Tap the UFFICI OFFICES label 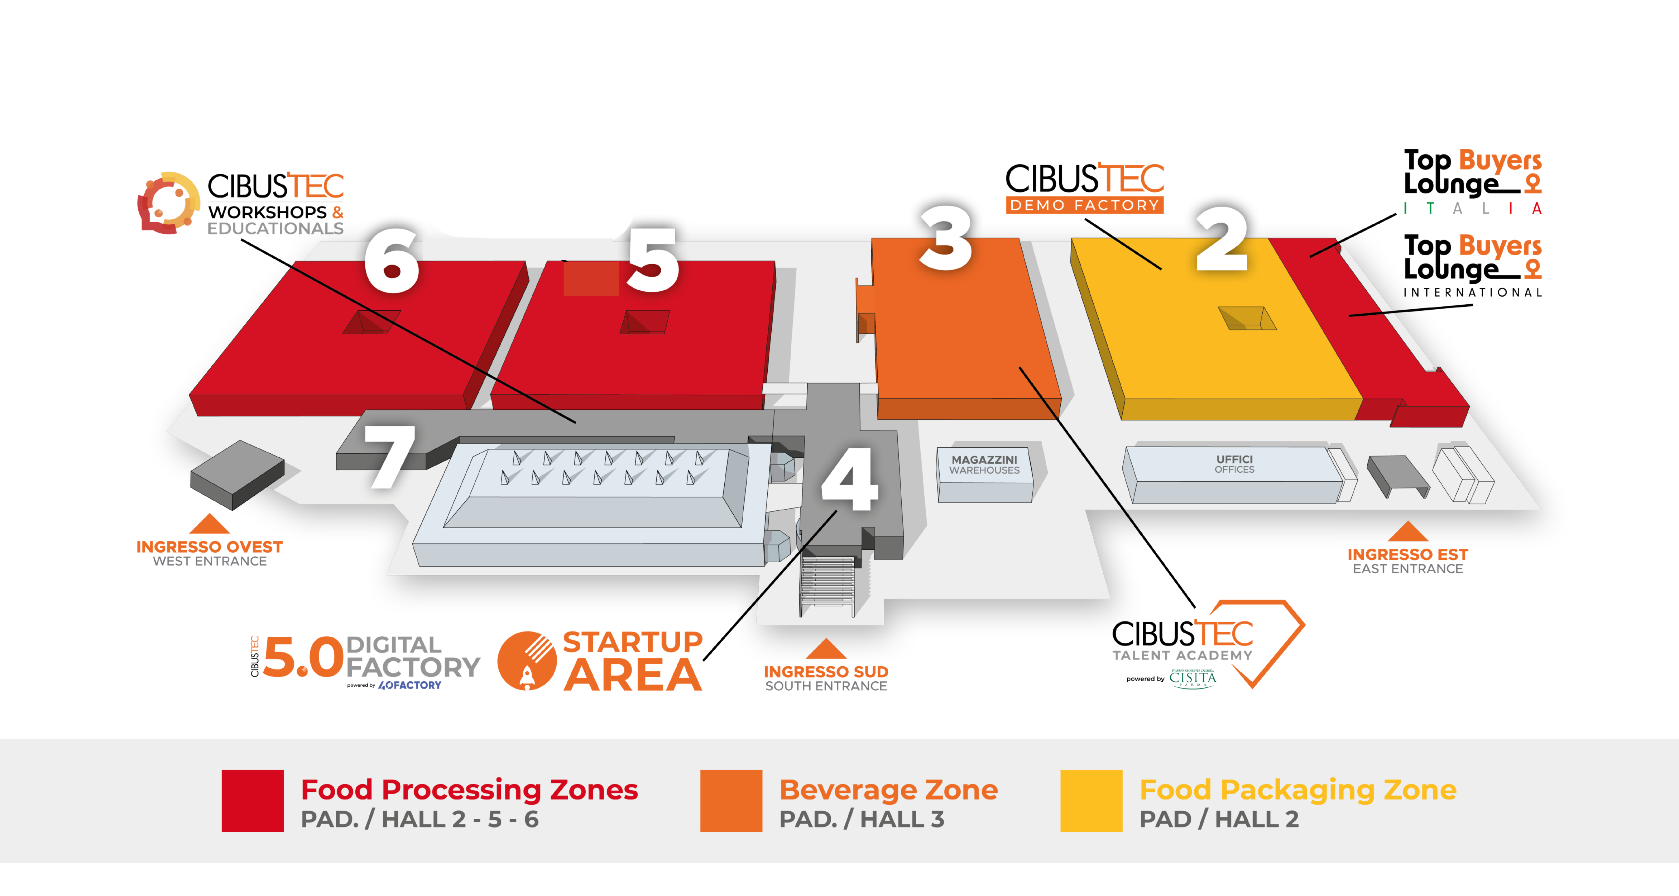1234,464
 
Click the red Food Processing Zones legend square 252,800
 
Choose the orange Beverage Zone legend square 731,800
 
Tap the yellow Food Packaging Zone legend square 1091,800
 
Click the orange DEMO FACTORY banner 1085,205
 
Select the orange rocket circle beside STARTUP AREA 527,661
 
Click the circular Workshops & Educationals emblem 168,203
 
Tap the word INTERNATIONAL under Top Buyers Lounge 1472,292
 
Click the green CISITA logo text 1192,678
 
